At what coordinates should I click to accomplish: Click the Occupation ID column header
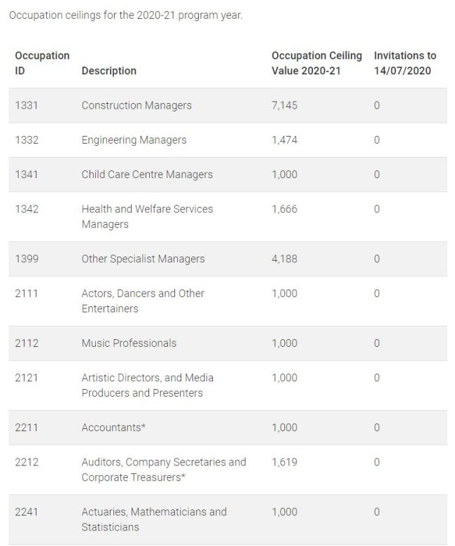click(x=42, y=62)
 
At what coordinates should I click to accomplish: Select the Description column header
click(x=108, y=70)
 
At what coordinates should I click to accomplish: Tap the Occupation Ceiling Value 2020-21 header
click(x=316, y=62)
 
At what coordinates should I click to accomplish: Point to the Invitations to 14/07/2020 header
click(x=405, y=62)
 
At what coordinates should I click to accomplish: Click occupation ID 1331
click(x=27, y=105)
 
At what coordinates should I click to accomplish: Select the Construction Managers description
click(x=136, y=105)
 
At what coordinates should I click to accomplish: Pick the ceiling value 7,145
click(x=284, y=105)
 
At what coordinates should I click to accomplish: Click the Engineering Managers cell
click(x=134, y=139)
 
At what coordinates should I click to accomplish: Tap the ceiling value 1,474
click(x=284, y=139)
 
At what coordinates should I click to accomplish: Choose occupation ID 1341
click(x=27, y=174)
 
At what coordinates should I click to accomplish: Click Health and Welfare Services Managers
click(x=147, y=217)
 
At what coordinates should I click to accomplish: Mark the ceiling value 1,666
click(x=284, y=209)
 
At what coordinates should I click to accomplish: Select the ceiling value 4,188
click(x=284, y=259)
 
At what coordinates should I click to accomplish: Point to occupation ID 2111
click(x=27, y=293)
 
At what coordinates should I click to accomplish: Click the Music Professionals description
click(x=129, y=343)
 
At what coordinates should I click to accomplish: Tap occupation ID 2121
click(x=27, y=377)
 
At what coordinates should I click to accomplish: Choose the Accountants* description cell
click(x=113, y=427)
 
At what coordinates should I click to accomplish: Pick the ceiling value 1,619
click(x=284, y=462)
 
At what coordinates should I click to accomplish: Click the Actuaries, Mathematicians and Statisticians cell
click(x=154, y=519)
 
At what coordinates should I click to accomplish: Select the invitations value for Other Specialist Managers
click(x=377, y=259)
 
